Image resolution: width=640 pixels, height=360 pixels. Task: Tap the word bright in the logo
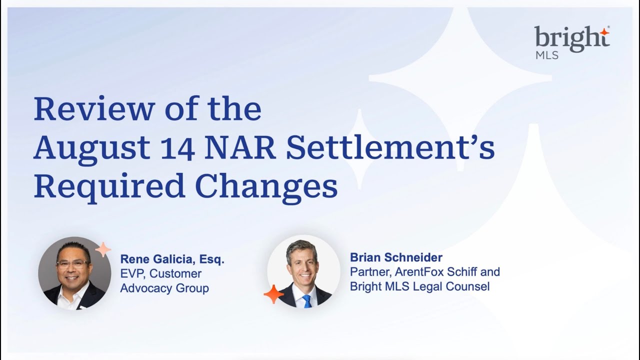(x=569, y=39)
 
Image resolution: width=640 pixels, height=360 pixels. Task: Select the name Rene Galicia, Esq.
(x=172, y=259)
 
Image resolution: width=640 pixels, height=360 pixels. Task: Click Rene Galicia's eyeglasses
(x=73, y=264)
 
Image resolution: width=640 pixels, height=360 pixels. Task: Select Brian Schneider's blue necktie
(x=306, y=301)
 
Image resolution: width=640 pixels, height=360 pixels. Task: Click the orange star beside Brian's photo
(x=273, y=294)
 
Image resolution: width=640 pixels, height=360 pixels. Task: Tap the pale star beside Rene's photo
(x=103, y=249)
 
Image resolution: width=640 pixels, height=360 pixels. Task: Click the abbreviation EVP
(x=132, y=274)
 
